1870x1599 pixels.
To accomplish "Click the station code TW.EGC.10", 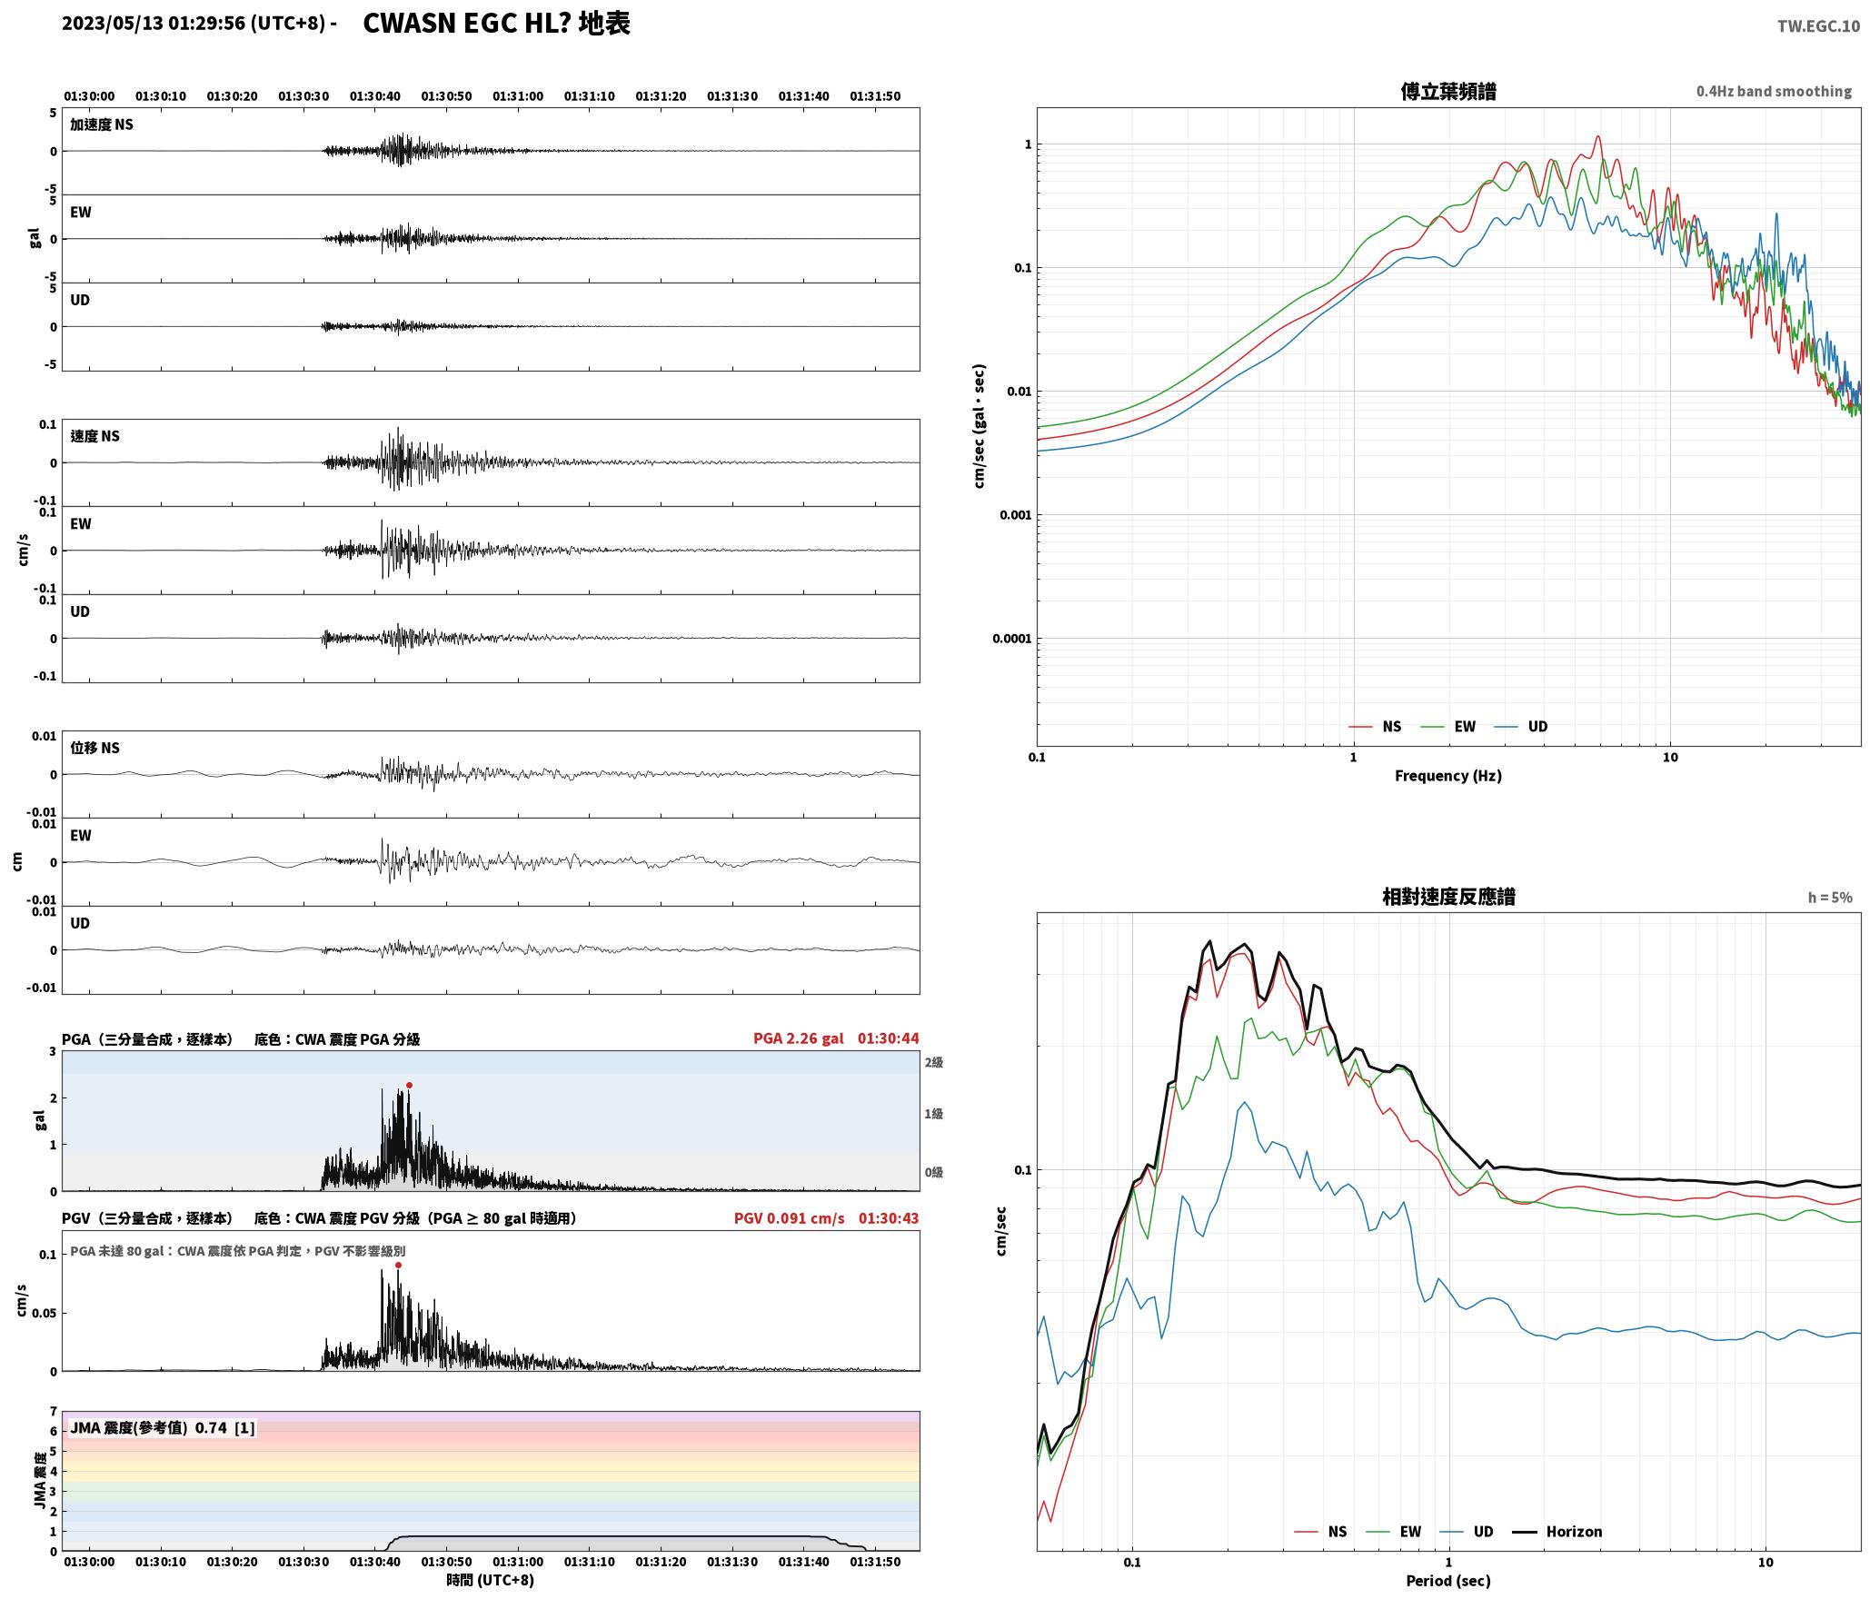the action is click(x=1818, y=26).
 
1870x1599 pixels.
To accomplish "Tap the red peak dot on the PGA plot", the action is click(x=409, y=1085).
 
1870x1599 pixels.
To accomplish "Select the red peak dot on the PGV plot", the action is click(x=398, y=1265).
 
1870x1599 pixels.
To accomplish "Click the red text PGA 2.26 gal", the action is click(x=798, y=1038).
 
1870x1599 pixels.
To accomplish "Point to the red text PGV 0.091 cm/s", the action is click(x=789, y=1218).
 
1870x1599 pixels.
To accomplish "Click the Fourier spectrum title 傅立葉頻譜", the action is click(x=1447, y=91).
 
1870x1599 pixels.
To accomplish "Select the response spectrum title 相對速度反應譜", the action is click(x=1447, y=897).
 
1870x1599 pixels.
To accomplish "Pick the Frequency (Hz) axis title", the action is click(x=1447, y=775).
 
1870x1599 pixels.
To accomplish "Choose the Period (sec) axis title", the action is click(x=1447, y=1580).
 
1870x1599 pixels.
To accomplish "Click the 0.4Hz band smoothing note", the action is click(x=1773, y=91).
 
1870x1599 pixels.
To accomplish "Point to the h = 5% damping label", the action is click(x=1829, y=897).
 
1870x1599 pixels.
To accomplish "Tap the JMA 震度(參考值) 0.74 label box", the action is click(x=162, y=1427).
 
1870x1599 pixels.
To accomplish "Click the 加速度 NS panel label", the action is click(x=102, y=124).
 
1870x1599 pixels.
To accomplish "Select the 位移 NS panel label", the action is click(x=94, y=748).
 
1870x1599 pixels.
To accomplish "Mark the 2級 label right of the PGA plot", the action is click(x=933, y=1062).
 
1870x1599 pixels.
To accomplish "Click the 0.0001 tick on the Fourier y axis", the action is click(x=1011, y=639).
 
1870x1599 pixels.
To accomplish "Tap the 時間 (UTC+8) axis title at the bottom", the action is click(x=490, y=1580).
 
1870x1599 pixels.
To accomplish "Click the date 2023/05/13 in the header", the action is click(x=113, y=24).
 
